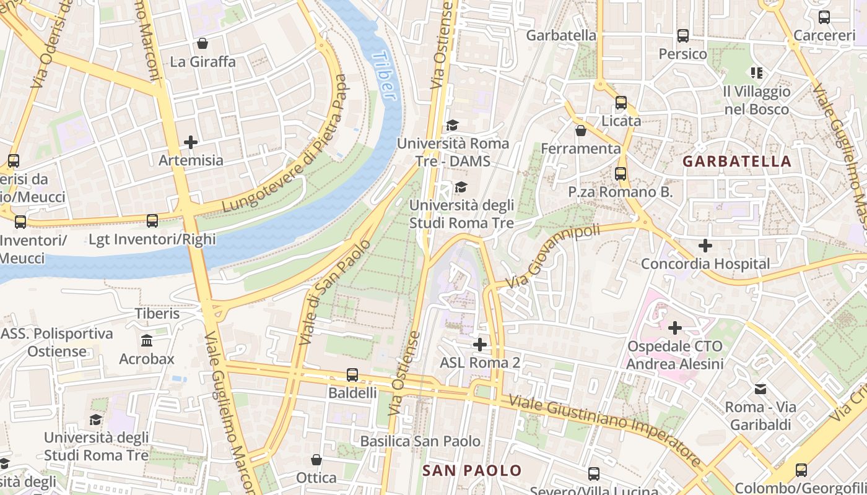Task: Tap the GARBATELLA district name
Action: [x=736, y=161]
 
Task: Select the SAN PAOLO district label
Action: [x=472, y=470]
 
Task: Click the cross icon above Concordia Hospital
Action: [x=705, y=246]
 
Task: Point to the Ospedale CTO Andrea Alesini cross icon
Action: [x=674, y=327]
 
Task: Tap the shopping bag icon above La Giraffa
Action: [x=202, y=43]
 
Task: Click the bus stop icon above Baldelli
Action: [x=352, y=374]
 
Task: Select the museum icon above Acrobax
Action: [x=147, y=340]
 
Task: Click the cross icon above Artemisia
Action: [x=191, y=142]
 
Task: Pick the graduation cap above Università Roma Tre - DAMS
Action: [x=452, y=126]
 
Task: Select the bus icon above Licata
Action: [x=621, y=103]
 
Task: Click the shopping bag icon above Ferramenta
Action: [x=580, y=131]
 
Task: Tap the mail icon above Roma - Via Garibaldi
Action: [x=760, y=389]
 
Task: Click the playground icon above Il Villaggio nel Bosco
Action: [x=756, y=73]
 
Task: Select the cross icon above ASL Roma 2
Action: [x=479, y=344]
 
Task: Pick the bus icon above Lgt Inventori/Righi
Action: [x=152, y=220]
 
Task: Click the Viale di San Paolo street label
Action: [x=334, y=292]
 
